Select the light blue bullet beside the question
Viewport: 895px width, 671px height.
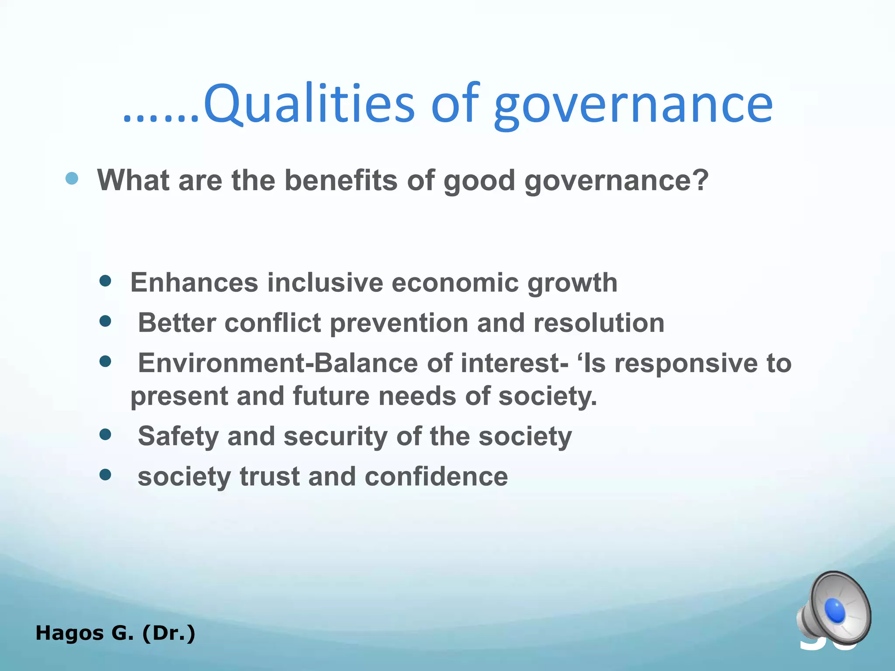pos(72,178)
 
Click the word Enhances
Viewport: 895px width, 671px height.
pos(194,282)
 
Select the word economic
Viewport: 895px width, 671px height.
pos(455,282)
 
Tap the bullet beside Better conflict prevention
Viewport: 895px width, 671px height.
pos(105,322)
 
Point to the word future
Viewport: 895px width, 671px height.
pos(331,396)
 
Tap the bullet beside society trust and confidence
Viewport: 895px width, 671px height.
pos(105,475)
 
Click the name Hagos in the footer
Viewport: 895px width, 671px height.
pos(70,633)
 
